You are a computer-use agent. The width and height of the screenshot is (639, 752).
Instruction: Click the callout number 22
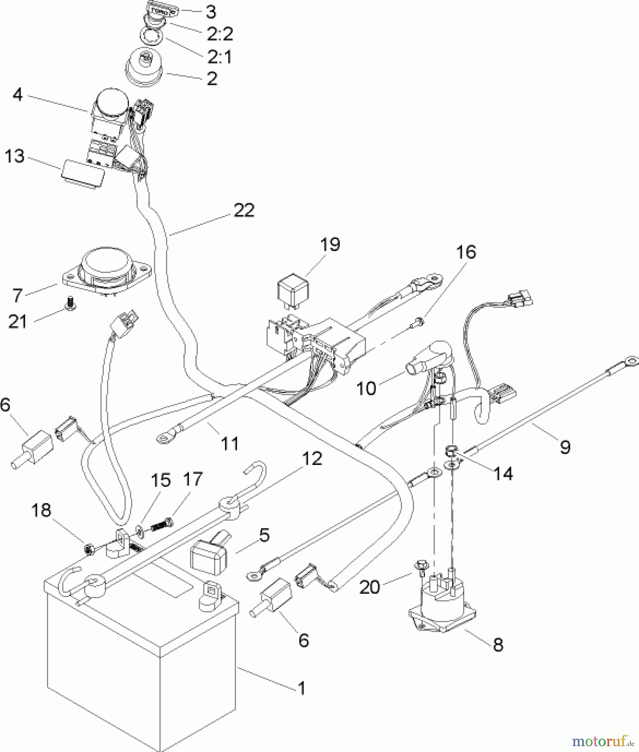244,210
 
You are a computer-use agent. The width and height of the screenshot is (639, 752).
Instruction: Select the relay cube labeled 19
291,289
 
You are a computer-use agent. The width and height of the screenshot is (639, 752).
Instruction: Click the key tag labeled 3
160,9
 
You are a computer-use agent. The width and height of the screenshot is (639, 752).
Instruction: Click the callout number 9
565,447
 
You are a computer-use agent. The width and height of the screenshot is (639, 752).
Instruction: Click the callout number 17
192,479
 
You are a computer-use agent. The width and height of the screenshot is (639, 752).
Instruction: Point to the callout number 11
230,443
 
